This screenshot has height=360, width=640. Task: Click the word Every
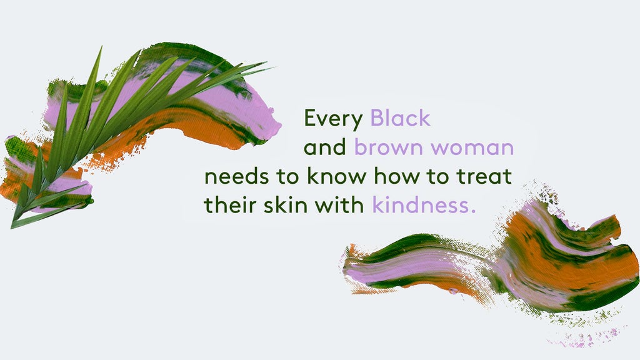tap(333, 119)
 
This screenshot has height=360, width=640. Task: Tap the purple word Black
tap(400, 118)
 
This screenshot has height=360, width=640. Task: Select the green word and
tap(325, 147)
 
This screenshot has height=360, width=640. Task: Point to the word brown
tap(387, 147)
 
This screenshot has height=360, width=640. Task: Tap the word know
tap(336, 176)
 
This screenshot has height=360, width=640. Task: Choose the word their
tap(230, 204)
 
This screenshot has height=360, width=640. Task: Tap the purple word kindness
tap(421, 204)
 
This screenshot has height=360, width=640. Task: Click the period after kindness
tap(474, 211)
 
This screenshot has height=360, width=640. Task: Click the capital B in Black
tap(377, 118)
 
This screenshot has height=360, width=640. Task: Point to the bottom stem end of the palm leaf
tap(13, 226)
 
